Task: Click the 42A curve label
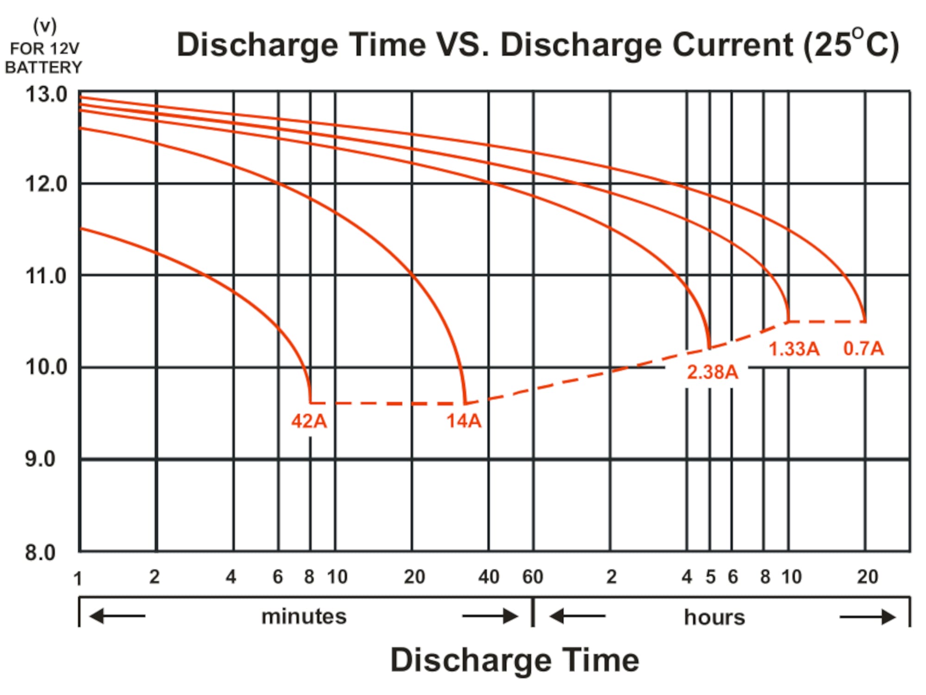coord(309,421)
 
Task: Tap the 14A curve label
coord(464,421)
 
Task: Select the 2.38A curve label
coord(712,372)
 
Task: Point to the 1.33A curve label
coord(794,349)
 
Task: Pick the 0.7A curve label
coord(863,348)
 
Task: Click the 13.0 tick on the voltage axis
coord(46,95)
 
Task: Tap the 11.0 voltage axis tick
coord(46,276)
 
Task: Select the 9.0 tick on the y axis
coord(41,459)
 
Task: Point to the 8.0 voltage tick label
coord(41,552)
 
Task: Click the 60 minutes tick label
coord(532,577)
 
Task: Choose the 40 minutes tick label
coord(489,577)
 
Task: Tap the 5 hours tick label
coord(710,577)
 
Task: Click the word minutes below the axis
coord(304,617)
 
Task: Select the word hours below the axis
coord(714,617)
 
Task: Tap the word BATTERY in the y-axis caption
coord(44,68)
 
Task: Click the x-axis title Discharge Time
coord(514,660)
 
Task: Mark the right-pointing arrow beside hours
coord(867,617)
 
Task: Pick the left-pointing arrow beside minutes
coord(117,616)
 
